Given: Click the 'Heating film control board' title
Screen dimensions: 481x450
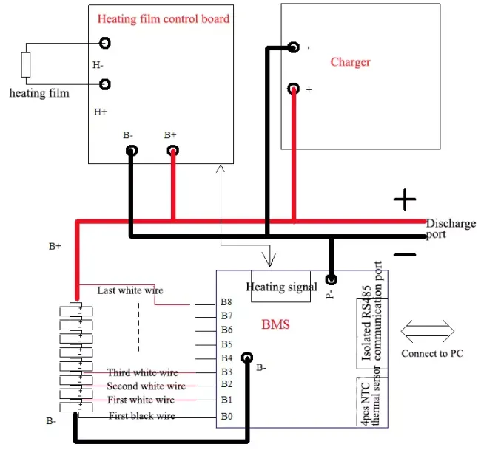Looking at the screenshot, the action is (164, 19).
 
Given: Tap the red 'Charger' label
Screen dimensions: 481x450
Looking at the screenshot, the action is (350, 62).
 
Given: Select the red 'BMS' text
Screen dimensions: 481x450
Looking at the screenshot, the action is (275, 324).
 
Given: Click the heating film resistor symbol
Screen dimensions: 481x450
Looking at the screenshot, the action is (26, 64).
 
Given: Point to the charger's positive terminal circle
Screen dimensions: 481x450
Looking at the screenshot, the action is (294, 89).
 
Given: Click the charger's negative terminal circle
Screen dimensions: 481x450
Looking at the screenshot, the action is (294, 47).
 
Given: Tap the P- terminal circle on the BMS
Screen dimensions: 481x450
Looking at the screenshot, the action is (331, 279).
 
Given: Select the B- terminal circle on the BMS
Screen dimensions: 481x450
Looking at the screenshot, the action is (247, 358).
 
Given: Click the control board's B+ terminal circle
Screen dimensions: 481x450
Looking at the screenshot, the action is (173, 151).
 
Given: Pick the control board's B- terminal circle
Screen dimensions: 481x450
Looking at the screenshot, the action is (132, 151).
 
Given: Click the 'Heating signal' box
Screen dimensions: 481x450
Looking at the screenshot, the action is (280, 287).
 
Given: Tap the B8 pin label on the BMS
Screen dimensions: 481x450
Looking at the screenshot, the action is (226, 302).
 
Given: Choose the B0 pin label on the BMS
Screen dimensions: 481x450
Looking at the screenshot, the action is (226, 416).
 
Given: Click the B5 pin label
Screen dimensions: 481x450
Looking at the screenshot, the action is (226, 344).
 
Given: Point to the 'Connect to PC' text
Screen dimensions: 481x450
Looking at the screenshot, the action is (432, 353).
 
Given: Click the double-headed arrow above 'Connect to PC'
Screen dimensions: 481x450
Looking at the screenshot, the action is (427, 331).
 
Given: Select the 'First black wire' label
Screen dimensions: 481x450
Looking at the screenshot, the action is (142, 416).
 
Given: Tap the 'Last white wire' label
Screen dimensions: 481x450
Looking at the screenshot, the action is (130, 290).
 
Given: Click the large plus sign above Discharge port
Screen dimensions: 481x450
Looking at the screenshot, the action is (405, 200).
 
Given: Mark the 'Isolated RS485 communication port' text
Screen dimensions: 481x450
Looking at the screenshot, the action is (371, 311).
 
